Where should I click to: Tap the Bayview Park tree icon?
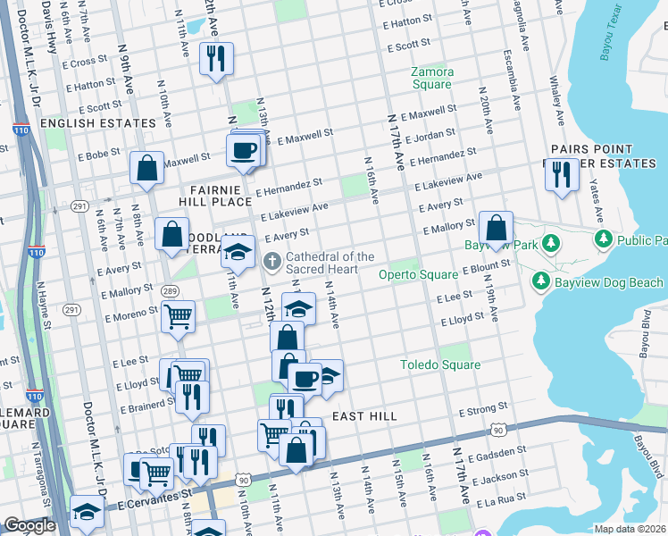(x=551, y=243)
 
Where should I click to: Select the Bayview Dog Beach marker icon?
(x=540, y=282)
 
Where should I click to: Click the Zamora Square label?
(x=431, y=78)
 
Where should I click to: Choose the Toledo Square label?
(x=439, y=364)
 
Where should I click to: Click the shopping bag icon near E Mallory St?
(x=496, y=227)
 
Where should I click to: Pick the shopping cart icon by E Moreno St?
(x=179, y=315)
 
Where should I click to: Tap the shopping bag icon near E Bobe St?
(x=146, y=167)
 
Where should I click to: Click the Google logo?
(x=29, y=525)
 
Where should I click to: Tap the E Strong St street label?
(x=483, y=412)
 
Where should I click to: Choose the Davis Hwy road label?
(x=52, y=27)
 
